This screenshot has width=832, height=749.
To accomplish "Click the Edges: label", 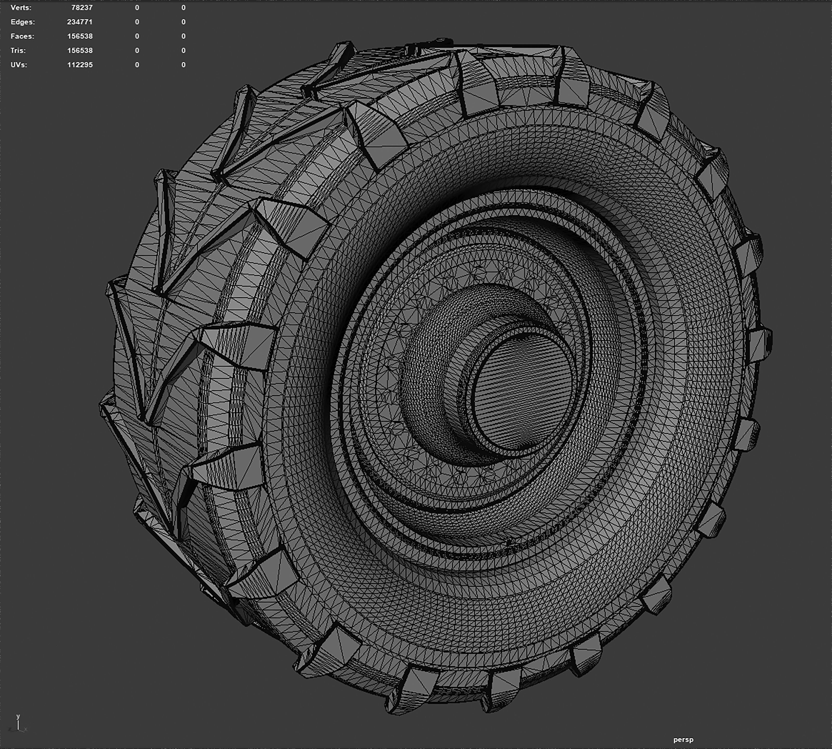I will pos(23,22).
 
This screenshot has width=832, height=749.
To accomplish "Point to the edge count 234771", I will pos(80,22).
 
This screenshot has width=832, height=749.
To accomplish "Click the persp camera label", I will pos(683,740).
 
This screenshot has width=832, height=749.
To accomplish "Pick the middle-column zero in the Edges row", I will pos(137,22).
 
